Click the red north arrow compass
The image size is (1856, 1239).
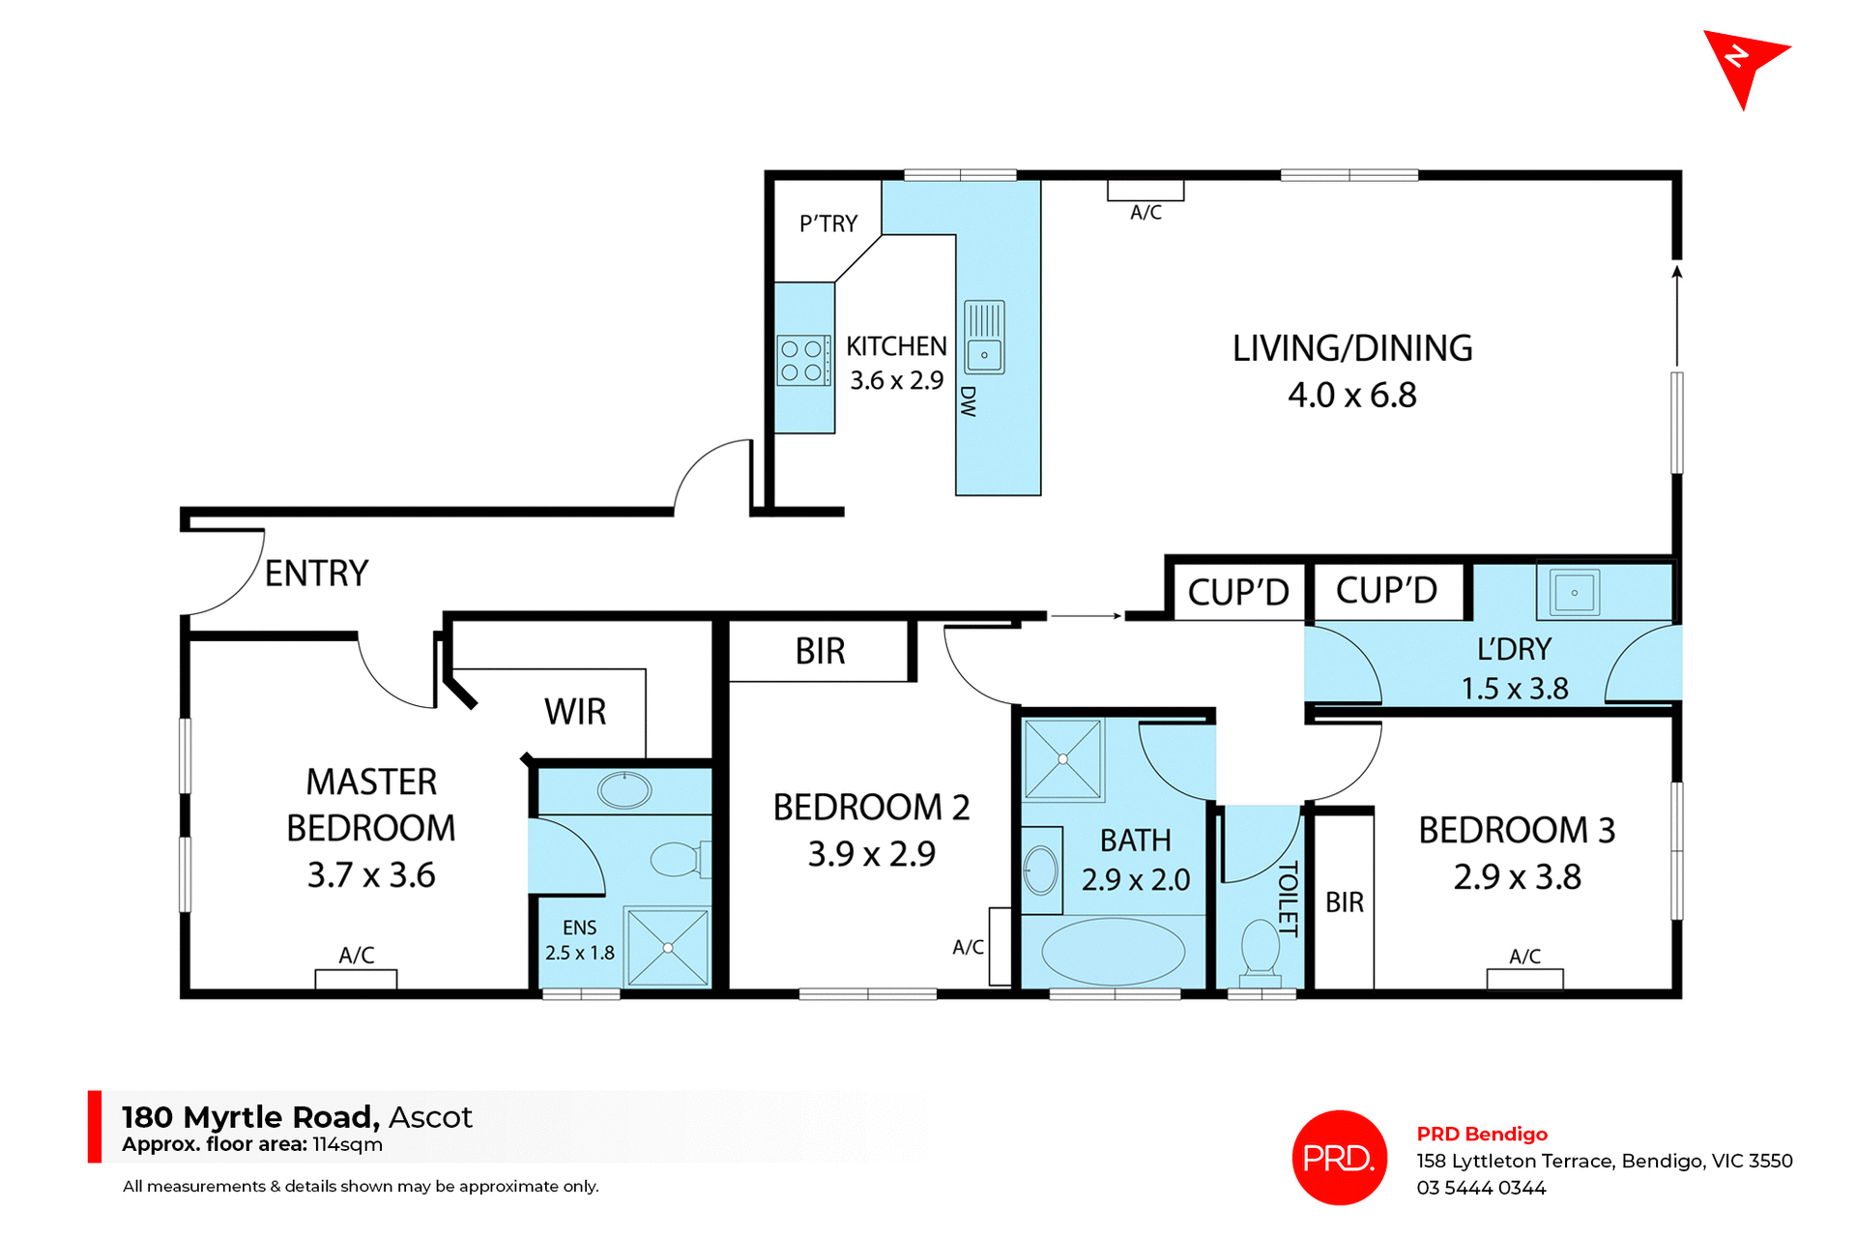(1743, 64)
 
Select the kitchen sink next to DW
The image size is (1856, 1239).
(984, 338)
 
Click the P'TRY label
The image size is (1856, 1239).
(828, 223)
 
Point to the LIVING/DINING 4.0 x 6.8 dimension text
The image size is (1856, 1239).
(1351, 395)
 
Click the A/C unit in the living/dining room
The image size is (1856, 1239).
(1145, 191)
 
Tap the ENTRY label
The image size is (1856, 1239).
(316, 574)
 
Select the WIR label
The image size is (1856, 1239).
(575, 712)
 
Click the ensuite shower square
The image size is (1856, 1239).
(667, 947)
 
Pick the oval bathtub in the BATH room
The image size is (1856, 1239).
(1113, 952)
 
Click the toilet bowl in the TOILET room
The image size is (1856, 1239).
(1260, 946)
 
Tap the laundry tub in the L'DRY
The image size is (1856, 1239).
(1574, 592)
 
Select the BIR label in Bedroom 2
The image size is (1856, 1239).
(820, 652)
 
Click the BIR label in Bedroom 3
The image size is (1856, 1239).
(1344, 902)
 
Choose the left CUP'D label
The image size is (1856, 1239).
(1237, 592)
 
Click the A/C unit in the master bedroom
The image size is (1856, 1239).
(356, 979)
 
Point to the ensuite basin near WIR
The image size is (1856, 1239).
(624, 790)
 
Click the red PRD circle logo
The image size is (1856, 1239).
(1339, 1157)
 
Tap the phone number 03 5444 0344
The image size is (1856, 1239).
(1481, 1188)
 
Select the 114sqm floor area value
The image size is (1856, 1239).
(347, 1145)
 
